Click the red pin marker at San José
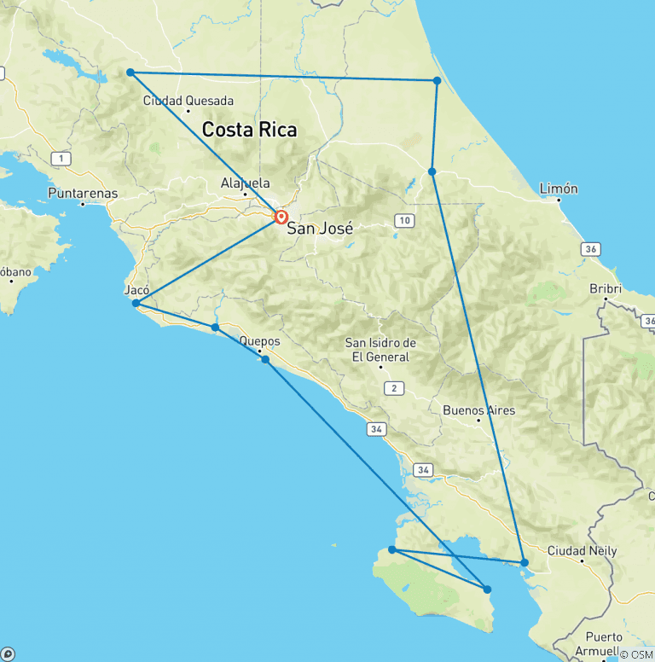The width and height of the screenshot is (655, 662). (x=281, y=216)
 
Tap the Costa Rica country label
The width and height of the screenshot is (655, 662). (x=249, y=130)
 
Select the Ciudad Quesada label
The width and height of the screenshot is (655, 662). (x=188, y=100)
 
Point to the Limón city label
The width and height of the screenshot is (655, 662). (x=559, y=189)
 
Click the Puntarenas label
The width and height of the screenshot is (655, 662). (x=83, y=193)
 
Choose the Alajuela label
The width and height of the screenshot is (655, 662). (x=245, y=183)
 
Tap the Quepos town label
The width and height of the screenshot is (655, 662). (x=259, y=341)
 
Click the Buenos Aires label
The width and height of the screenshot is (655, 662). (x=478, y=410)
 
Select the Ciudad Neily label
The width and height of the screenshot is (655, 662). (x=582, y=550)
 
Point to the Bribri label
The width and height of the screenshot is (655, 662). (x=606, y=288)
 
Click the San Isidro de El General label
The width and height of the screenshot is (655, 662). (x=380, y=350)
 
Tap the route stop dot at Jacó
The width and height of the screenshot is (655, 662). (x=136, y=303)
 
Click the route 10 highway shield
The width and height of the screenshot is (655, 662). (x=403, y=221)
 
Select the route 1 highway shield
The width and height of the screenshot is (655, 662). (x=61, y=159)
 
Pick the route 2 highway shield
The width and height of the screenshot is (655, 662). (x=393, y=389)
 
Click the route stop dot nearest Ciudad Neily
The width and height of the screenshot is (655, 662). (x=525, y=562)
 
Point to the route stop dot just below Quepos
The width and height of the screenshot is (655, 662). (x=266, y=359)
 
